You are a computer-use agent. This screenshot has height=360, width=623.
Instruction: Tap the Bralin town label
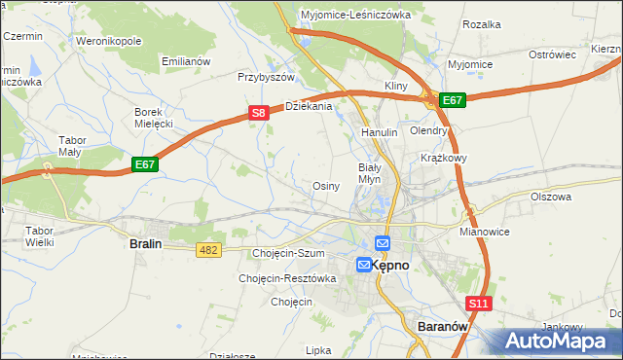click(x=145, y=245)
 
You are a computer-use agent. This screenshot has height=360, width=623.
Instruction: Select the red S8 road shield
click(x=258, y=113)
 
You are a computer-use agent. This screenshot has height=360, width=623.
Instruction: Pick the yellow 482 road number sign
click(x=208, y=250)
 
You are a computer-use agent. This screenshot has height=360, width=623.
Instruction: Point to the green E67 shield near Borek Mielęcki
click(x=145, y=164)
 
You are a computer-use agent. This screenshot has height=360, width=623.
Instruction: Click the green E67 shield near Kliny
click(x=453, y=99)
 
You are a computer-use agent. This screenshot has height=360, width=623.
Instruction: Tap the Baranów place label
click(x=444, y=327)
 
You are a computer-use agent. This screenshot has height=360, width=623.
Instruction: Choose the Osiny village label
click(x=325, y=186)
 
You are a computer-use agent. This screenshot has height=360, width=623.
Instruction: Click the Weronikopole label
click(x=109, y=42)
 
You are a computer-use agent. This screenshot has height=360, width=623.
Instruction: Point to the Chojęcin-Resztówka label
click(x=287, y=278)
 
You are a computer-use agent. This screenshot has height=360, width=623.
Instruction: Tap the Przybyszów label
click(x=266, y=77)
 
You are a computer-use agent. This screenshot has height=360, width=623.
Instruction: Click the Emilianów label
click(x=186, y=61)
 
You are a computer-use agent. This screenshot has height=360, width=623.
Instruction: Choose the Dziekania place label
click(x=309, y=106)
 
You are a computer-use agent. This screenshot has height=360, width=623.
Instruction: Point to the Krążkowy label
click(x=445, y=158)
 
